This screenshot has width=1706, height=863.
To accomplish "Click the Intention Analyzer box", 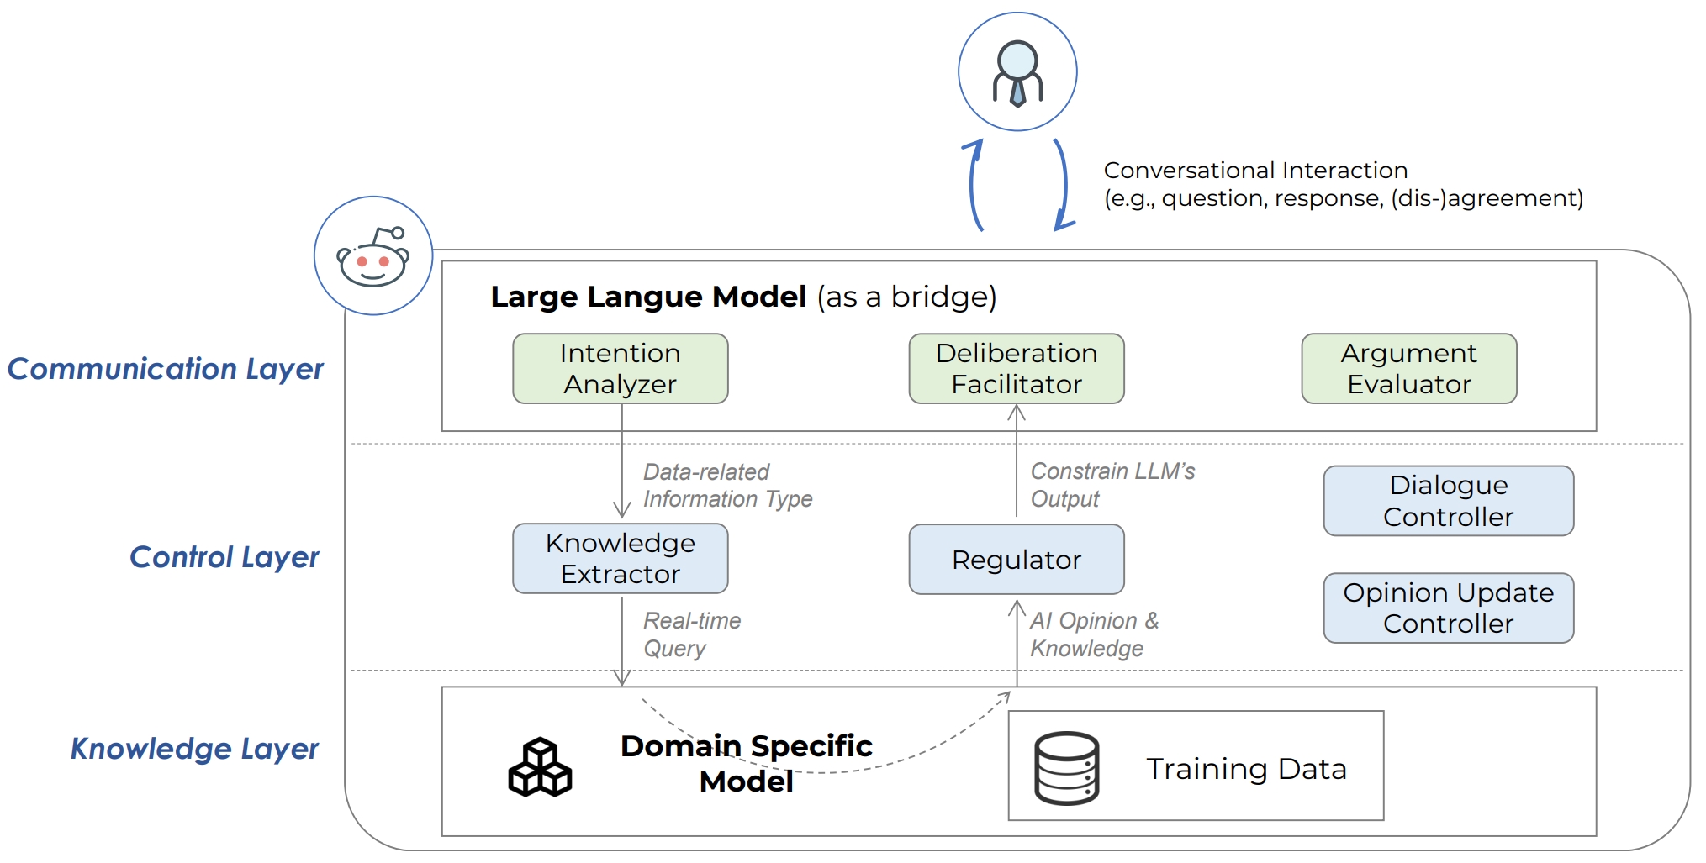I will click(620, 368).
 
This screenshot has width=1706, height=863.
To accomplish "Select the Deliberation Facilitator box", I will click(1016, 368).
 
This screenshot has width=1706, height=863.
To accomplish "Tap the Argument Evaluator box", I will click(1408, 368).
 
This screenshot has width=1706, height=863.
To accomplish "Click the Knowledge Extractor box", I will click(620, 558).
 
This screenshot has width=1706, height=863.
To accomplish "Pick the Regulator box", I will click(1016, 559).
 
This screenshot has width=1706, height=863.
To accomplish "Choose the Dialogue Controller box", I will click(1448, 501).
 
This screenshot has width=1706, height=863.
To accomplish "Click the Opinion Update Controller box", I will click(1448, 608).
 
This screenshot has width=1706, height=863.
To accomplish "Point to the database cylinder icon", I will click(1066, 768).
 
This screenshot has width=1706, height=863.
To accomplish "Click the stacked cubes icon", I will click(540, 767).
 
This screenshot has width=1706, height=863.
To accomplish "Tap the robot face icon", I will click(372, 256).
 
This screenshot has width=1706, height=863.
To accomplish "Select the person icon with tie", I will click(1017, 72).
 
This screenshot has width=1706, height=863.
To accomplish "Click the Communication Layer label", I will click(165, 369).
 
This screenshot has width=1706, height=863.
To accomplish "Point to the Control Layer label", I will click(224, 557).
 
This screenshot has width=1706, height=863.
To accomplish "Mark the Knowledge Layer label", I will click(194, 748).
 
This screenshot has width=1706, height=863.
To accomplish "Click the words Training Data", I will click(1246, 768).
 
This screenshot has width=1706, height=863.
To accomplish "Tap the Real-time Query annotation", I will click(691, 634).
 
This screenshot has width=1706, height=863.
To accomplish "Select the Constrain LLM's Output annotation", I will click(1112, 485).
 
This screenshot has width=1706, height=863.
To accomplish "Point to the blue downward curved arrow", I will click(1063, 185).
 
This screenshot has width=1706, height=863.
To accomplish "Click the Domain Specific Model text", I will click(746, 763).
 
